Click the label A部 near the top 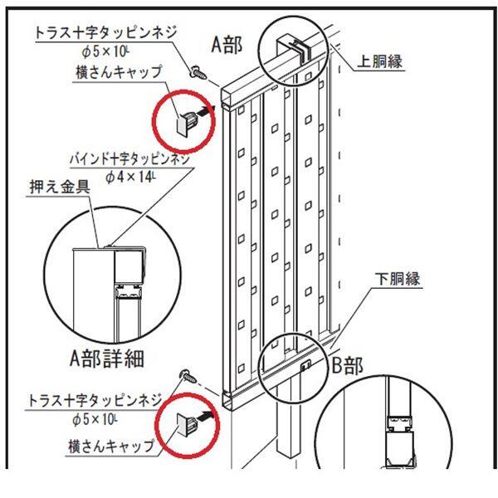click(227, 45)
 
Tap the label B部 click(347, 366)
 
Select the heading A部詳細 click(107, 359)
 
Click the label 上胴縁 click(380, 61)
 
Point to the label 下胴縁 click(398, 279)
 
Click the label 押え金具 click(60, 187)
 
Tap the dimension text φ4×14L click(130, 177)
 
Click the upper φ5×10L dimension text click(105, 51)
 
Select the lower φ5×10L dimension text click(95, 419)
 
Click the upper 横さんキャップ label click(119, 72)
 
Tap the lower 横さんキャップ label click(112, 446)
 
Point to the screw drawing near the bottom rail click(188, 376)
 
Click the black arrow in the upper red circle click(206, 111)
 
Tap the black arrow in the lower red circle click(207, 414)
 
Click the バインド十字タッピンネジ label click(129, 159)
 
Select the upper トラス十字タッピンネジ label click(105, 33)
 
